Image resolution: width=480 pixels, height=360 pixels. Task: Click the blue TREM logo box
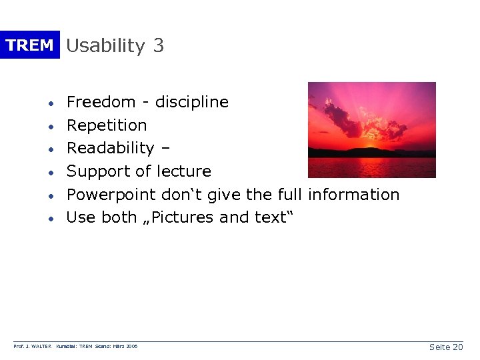[29, 45]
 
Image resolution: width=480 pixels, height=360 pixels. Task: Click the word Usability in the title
[105, 46]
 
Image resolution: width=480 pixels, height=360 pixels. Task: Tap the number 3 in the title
[158, 45]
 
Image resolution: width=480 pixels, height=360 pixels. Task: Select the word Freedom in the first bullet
[101, 102]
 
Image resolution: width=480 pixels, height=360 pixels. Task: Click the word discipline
[191, 102]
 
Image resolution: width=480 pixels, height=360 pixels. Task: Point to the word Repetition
[107, 125]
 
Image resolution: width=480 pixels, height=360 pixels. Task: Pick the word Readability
[110, 148]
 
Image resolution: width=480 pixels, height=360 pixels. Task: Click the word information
[353, 195]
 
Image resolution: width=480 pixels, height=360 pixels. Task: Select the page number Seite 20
[446, 347]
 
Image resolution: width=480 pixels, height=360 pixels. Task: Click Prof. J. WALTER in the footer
[33, 347]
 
